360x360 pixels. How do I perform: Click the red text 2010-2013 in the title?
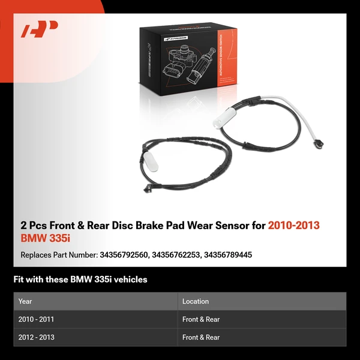pyautogui.click(x=293, y=226)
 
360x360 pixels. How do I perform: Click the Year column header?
pyautogui.click(x=25, y=301)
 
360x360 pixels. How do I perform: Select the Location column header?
pyautogui.click(x=196, y=301)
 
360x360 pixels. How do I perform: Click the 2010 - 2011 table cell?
pyautogui.click(x=36, y=320)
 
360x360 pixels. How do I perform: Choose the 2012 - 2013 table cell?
pyautogui.click(x=36, y=337)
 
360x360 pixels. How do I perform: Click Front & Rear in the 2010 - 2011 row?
pyautogui.click(x=201, y=320)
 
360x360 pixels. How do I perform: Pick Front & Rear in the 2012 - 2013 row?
pyautogui.click(x=201, y=337)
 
